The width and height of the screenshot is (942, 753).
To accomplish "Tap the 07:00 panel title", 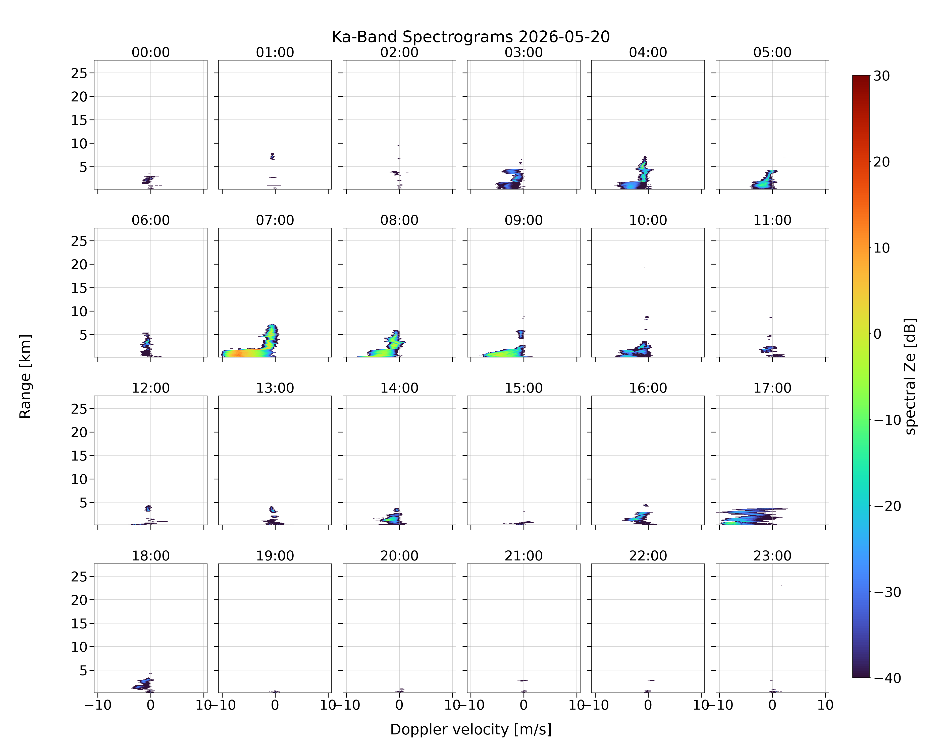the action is (275, 220).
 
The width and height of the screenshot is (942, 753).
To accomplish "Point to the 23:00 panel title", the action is (772, 556).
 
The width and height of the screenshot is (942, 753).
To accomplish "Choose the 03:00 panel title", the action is (524, 52).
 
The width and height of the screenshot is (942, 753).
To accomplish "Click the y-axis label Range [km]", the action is (25, 376).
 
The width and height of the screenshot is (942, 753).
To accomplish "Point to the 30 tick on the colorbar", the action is (882, 76).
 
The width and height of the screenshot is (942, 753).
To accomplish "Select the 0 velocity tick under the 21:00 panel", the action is (524, 705).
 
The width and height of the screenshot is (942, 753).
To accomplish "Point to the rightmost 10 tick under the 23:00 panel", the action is (825, 705).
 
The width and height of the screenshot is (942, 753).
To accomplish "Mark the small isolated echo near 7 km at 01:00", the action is (272, 156).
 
